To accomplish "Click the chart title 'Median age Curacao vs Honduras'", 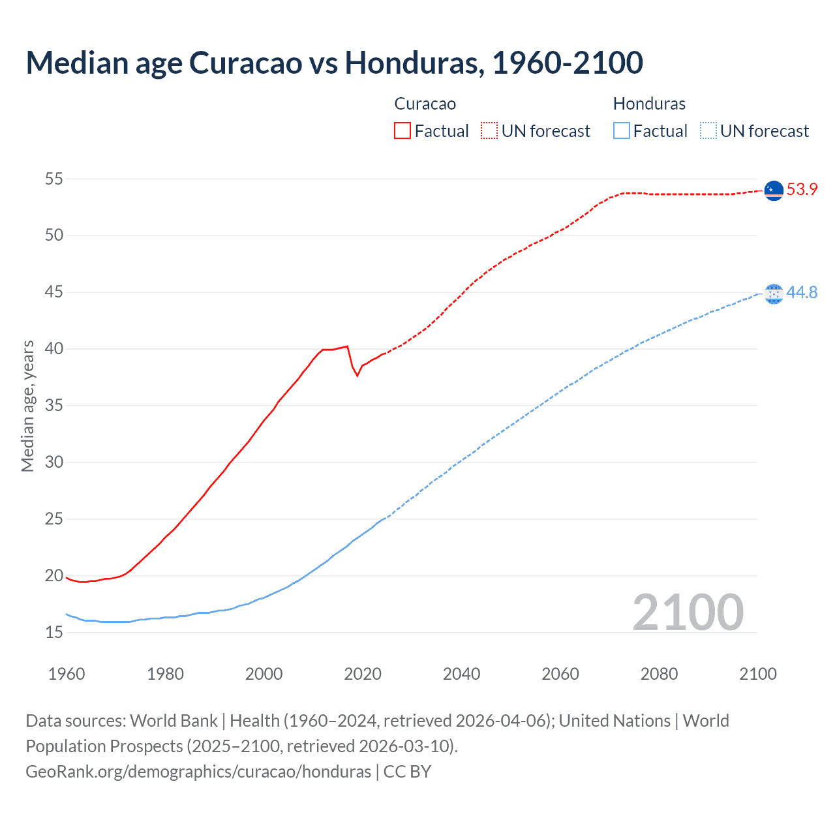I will point(334,63).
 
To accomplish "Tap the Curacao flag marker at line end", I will point(773,190).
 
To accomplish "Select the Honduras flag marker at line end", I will point(773,294).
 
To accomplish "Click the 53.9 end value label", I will point(802,190).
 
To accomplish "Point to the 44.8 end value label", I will point(802,292).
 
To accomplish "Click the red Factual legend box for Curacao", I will point(402,131).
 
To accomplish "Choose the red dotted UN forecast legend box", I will point(489,131).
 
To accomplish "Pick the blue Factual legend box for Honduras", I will point(622,131).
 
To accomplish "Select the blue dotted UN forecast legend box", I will point(708,131).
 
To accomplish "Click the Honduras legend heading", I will point(649,104).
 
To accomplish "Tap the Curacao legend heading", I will point(425,104).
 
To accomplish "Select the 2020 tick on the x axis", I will point(363,674).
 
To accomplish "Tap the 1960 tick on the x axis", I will point(67,674).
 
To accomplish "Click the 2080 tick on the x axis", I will point(659,674).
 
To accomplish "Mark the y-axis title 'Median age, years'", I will point(27,406).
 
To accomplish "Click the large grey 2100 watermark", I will point(688,613).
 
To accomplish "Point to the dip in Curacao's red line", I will point(357,375).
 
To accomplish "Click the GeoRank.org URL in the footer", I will point(198,772).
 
